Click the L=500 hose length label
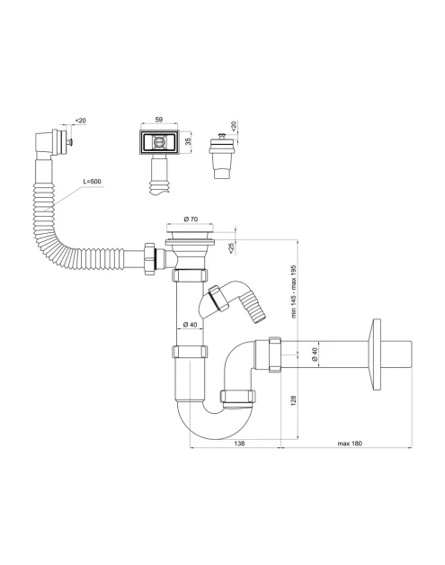92,181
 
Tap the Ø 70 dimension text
191,219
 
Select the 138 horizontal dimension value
239,444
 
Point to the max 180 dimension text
350,444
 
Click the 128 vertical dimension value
293,400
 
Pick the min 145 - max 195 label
293,291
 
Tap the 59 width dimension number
159,120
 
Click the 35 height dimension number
188,141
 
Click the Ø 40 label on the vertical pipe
190,324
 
